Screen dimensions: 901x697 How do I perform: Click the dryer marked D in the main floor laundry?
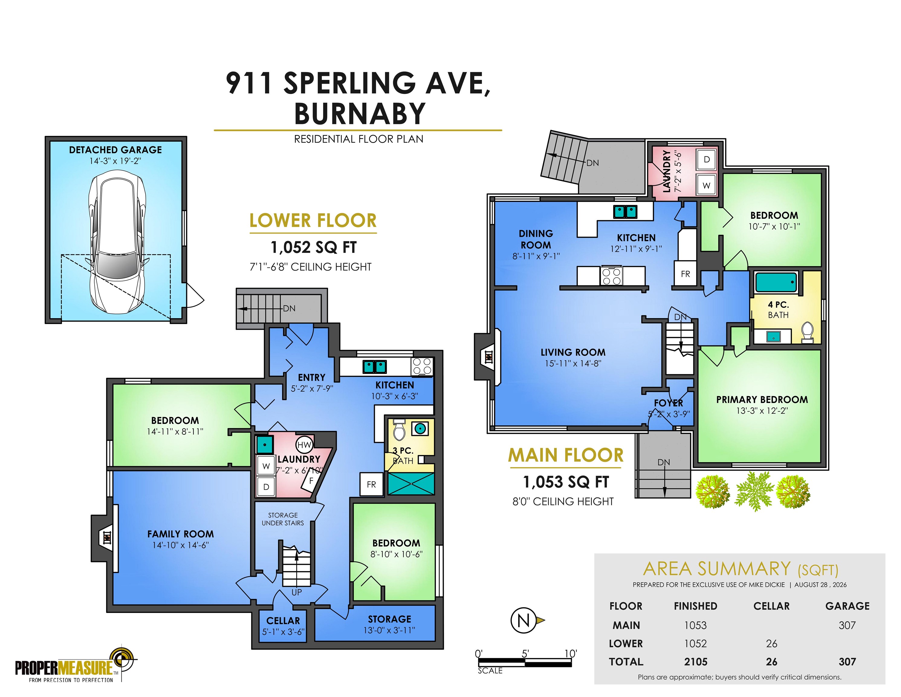coord(707,159)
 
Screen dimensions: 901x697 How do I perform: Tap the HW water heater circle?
coord(304,445)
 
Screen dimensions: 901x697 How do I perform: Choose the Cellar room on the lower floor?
coord(283,626)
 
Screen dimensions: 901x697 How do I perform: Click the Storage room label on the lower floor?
coord(389,619)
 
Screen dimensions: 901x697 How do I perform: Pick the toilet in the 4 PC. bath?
coord(807,333)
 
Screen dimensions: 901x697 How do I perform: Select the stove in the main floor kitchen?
coord(611,276)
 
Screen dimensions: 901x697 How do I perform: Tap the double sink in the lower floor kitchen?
coord(374,367)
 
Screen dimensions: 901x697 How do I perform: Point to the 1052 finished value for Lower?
coord(695,643)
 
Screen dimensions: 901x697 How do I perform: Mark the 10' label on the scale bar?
coord(571,653)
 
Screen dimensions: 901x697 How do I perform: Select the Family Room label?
coord(181,534)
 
